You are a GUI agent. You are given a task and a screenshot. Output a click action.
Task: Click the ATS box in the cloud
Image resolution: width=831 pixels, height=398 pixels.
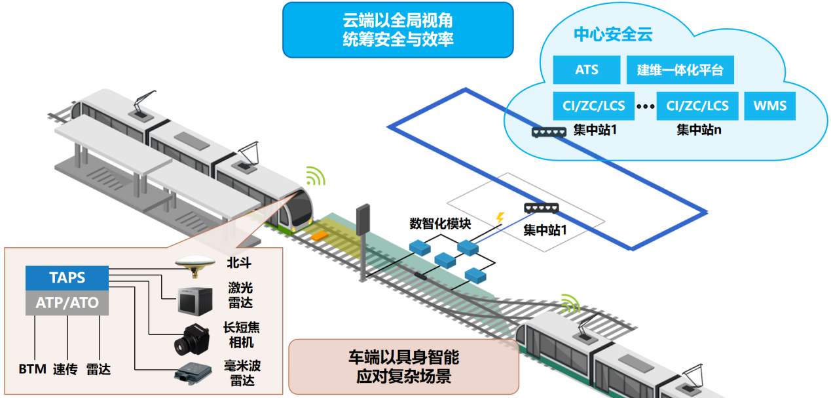coord(586,70)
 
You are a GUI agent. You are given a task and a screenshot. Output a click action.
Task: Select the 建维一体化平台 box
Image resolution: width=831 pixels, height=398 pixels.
coord(680,70)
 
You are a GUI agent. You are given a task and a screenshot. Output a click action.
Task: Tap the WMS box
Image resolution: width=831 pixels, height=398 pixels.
coord(769,106)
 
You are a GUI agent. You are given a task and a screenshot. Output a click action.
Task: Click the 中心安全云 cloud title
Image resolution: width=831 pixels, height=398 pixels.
coord(613,35)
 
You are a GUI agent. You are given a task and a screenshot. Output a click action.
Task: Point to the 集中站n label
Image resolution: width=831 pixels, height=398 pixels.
coord(699,130)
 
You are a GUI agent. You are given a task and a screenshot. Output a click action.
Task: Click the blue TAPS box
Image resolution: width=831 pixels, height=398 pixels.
coord(67,277)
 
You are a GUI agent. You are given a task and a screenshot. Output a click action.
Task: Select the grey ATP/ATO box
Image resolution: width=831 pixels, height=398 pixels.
coord(67,303)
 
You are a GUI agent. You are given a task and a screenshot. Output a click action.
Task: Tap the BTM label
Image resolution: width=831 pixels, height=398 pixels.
coord(32,369)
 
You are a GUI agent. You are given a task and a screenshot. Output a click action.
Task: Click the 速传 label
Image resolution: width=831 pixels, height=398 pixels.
coord(65,369)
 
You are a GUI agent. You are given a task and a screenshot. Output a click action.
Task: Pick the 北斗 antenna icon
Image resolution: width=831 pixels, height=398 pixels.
coord(194,262)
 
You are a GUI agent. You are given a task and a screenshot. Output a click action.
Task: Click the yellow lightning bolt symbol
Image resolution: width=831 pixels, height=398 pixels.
coord(502,216)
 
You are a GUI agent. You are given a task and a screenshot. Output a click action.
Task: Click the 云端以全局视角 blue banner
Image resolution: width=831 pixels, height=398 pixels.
coord(397,30)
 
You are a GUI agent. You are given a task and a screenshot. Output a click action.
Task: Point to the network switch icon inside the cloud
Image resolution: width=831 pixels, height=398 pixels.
coord(549,132)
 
